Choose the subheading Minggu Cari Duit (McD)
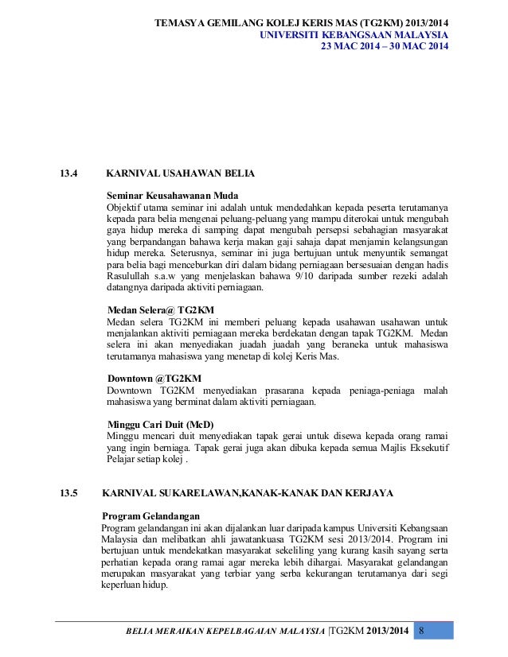pyautogui.click(x=160, y=425)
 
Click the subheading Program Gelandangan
pyautogui.click(x=151, y=515)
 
